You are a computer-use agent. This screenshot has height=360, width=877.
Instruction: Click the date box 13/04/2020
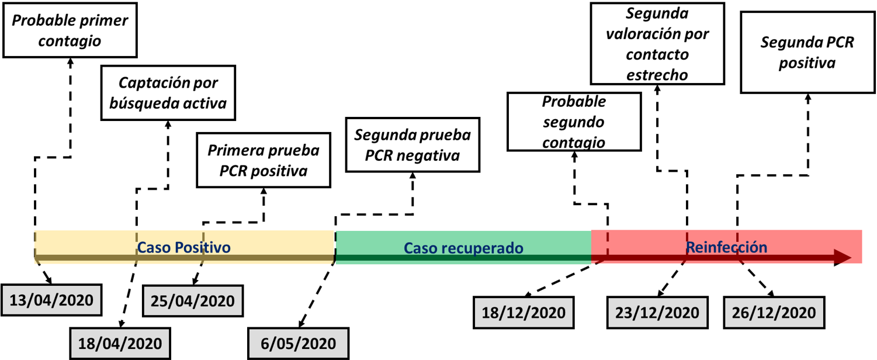tap(51, 300)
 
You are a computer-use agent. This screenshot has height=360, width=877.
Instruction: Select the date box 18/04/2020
tap(120, 342)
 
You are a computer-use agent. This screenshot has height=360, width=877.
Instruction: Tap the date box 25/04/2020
tap(193, 301)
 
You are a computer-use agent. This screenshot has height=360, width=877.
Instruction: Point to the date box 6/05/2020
tap(299, 342)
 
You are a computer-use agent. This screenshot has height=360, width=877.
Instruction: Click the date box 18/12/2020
tap(524, 312)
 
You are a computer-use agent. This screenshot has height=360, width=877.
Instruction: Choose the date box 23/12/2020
tap(657, 312)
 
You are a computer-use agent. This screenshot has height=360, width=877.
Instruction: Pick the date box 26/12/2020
tap(774, 312)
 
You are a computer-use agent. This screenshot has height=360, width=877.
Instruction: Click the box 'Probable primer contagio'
tap(70, 30)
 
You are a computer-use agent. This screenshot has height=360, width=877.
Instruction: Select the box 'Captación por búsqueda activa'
tap(168, 93)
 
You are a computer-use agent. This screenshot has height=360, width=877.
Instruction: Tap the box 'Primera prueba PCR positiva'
tap(264, 160)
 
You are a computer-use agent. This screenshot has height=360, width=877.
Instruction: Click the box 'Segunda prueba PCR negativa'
tap(412, 145)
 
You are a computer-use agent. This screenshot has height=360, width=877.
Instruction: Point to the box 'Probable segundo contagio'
tap(574, 122)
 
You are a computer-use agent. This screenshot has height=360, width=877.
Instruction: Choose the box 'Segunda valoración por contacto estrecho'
tap(657, 44)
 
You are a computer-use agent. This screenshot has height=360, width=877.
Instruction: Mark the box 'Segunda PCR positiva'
tap(807, 53)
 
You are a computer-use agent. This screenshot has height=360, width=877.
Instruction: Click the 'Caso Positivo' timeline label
tap(184, 247)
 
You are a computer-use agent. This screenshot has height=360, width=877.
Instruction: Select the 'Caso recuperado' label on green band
tap(463, 248)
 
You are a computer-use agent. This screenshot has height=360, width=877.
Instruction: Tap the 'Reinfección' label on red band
tap(726, 247)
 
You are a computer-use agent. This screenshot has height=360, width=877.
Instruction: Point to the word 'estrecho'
tap(657, 75)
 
